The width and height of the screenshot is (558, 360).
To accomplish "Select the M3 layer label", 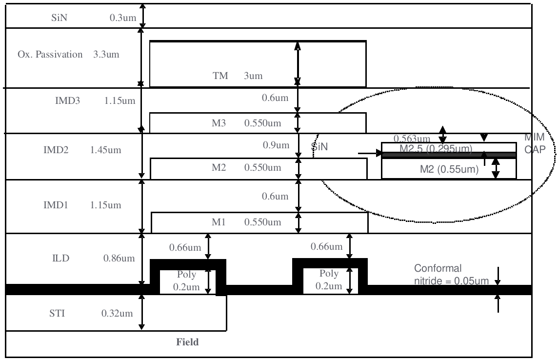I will click(218, 122).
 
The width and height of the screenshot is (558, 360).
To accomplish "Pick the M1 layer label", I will click(218, 222).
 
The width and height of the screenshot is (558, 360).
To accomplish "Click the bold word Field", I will click(187, 342).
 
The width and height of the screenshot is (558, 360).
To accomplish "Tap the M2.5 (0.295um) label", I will click(435, 148).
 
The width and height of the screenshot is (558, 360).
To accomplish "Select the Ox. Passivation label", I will click(50, 54).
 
